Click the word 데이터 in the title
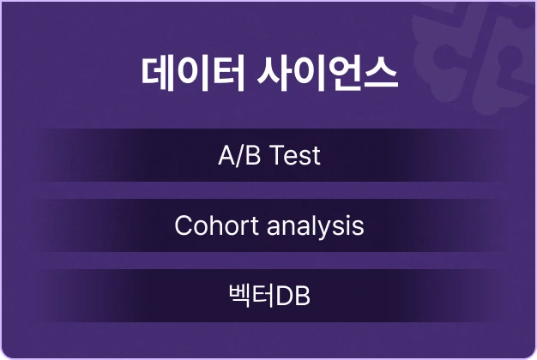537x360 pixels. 193,74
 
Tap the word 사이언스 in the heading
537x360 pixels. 328,74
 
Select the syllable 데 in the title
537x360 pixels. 159,74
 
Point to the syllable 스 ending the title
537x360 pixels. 380,74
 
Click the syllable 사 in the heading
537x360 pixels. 275,74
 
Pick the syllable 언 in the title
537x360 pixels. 343,74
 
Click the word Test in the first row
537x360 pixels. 295,155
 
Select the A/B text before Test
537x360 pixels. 239,155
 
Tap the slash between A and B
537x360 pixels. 239,156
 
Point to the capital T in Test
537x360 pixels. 277,155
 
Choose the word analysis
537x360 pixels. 316,225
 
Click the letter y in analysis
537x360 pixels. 329,230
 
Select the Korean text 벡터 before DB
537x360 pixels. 251,296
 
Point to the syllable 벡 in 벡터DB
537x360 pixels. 240,296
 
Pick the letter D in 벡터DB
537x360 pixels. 284,297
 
